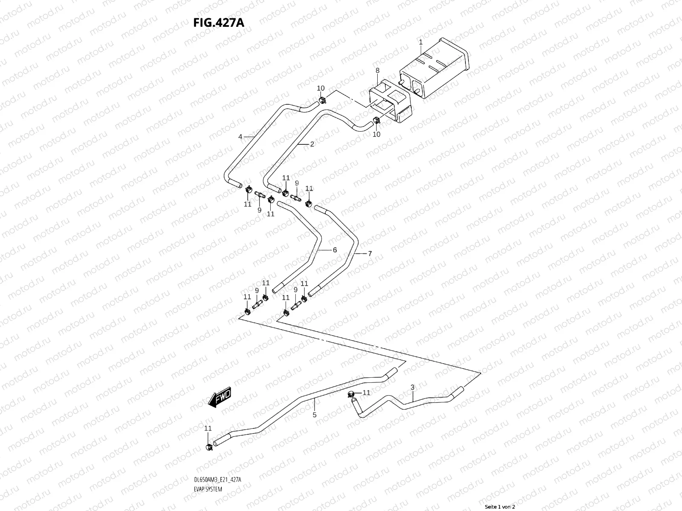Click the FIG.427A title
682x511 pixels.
coord(219,22)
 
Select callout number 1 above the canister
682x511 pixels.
coord(420,42)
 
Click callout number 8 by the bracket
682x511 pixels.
coord(377,70)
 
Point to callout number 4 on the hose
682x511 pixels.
coord(240,137)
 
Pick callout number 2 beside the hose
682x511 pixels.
coord(312,144)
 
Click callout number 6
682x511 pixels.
coord(335,250)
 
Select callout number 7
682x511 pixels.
coord(370,253)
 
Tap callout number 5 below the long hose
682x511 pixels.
coord(315,414)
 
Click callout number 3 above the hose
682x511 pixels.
coord(412,387)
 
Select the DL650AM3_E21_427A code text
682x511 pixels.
coord(217,480)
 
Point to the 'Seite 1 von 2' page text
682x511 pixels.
coord(500,507)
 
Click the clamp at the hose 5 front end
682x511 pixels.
coord(209,447)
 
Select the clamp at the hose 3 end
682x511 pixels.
coord(352,394)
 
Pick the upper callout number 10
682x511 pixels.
coord(321,88)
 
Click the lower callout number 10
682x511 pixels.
coord(376,135)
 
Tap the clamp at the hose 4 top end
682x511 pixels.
coord(322,100)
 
